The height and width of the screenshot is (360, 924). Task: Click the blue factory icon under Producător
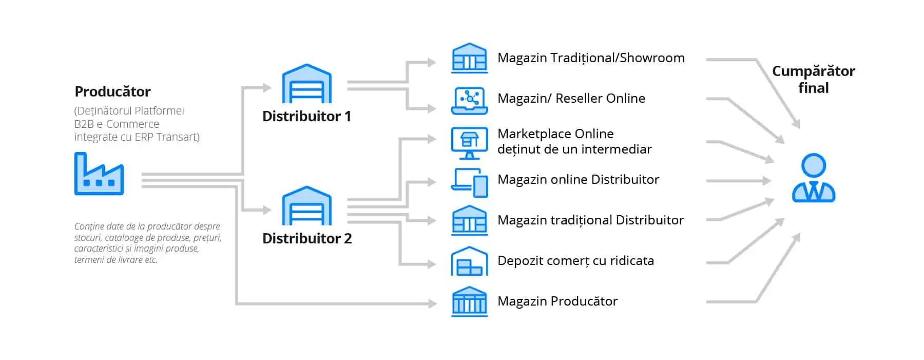(99, 175)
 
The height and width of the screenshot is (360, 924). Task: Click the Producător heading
(112, 91)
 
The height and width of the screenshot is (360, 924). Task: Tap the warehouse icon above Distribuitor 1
(306, 84)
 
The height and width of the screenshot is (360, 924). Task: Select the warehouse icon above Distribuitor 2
(306, 206)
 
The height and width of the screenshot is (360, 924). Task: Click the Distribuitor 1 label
(306, 117)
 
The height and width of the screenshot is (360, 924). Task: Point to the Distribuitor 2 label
(307, 239)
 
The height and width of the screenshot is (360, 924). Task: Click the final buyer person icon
(813, 178)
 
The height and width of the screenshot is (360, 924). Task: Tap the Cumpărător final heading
(813, 79)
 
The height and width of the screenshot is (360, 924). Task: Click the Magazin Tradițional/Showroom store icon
(469, 58)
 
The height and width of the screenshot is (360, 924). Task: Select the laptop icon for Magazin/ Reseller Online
(469, 100)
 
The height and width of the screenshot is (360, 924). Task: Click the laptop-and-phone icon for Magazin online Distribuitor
(469, 183)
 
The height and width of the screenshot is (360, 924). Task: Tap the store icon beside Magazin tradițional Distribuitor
(469, 221)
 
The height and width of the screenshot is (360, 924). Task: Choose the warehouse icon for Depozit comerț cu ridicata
(469, 261)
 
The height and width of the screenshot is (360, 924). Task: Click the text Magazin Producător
(557, 301)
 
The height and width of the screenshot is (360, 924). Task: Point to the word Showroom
(652, 58)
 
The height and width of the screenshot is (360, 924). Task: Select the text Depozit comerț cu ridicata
(575, 261)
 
